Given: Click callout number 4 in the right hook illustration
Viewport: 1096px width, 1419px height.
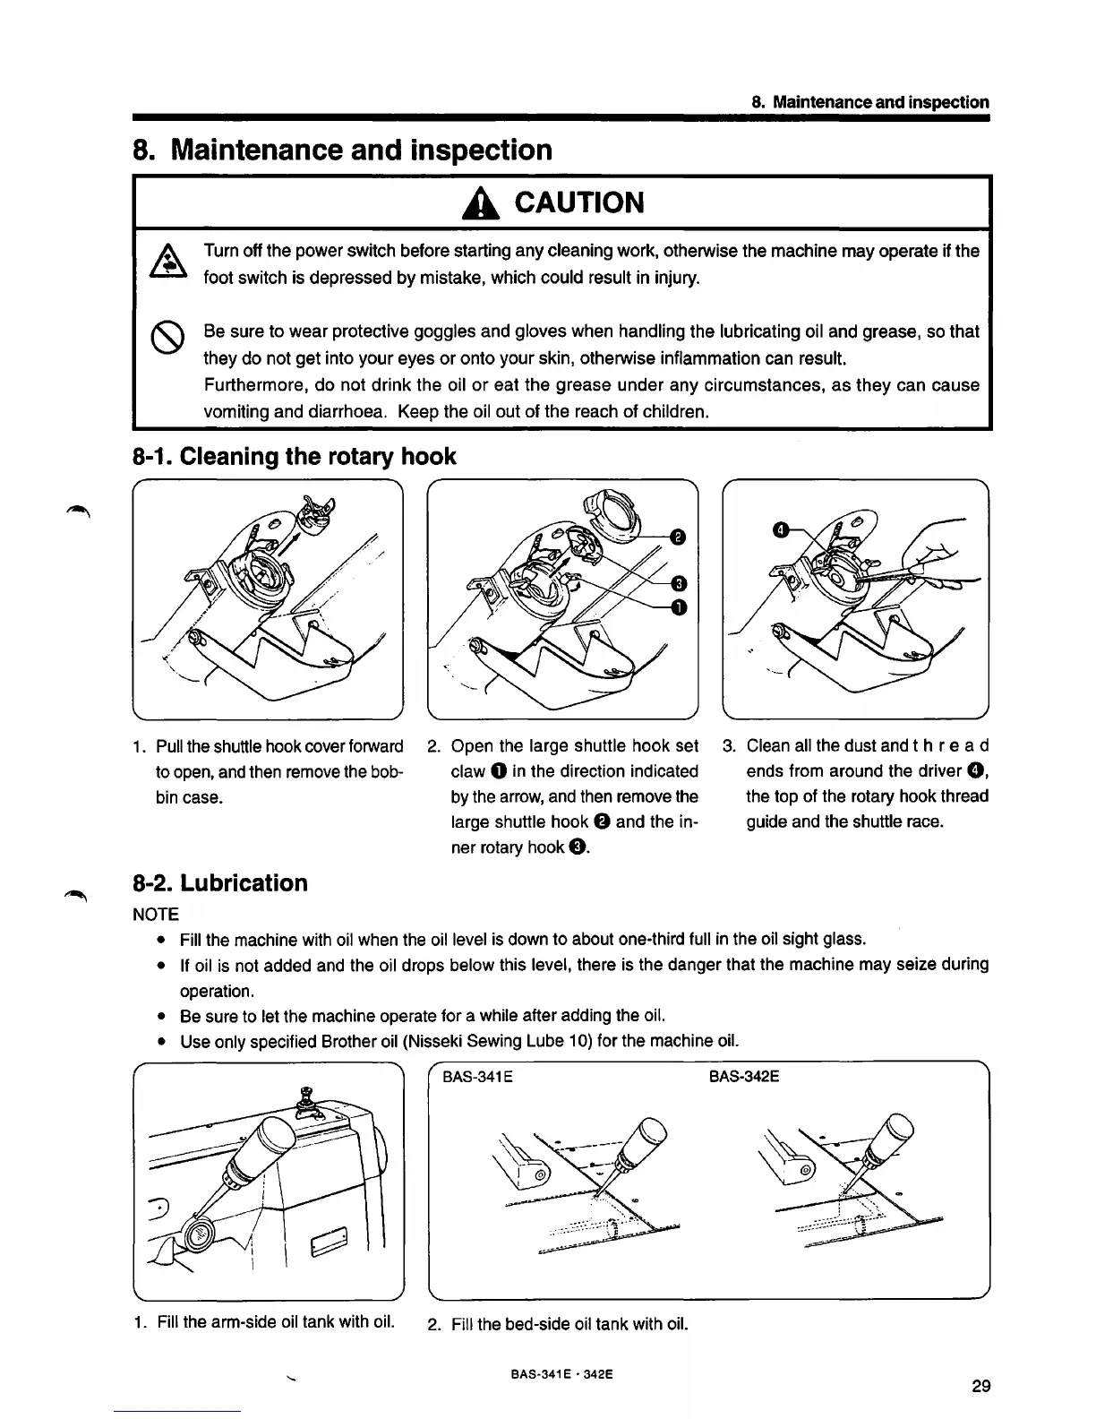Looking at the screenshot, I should pos(781,531).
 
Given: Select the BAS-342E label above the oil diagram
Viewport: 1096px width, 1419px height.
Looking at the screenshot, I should pos(744,1076).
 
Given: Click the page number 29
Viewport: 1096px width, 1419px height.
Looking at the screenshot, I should pos(980,1387).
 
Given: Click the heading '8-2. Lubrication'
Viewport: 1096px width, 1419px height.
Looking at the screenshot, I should pos(220,883).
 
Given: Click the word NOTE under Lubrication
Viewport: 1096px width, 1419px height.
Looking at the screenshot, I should pos(156,915).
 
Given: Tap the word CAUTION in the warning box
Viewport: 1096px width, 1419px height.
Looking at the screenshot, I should pos(578,203).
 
